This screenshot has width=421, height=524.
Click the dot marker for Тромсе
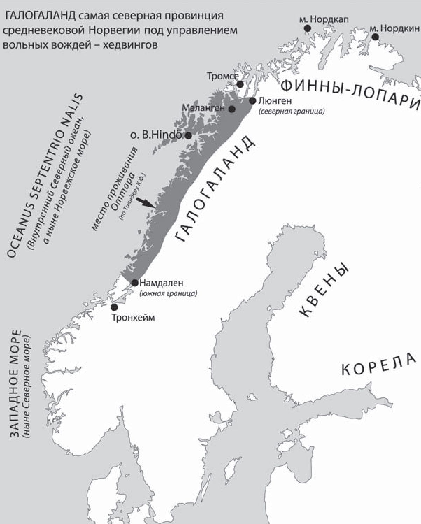click(240, 84)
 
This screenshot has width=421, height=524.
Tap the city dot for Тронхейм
click(114, 307)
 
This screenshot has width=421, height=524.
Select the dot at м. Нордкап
click(307, 28)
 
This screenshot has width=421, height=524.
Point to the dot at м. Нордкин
click(375, 37)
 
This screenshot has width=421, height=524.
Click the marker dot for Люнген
click(253, 101)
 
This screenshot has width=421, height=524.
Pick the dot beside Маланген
click(232, 109)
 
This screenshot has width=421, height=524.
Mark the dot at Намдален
click(135, 282)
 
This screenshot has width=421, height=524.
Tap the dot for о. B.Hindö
click(188, 136)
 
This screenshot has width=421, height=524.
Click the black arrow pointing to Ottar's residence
click(145, 203)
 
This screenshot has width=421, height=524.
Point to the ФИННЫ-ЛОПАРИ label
click(350, 92)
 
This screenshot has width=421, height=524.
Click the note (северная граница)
click(292, 111)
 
